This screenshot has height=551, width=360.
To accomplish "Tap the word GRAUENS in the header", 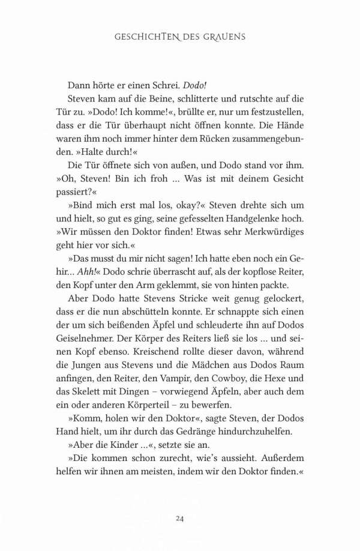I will tap(224, 37).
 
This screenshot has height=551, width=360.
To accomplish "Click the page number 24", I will tap(180, 517).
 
